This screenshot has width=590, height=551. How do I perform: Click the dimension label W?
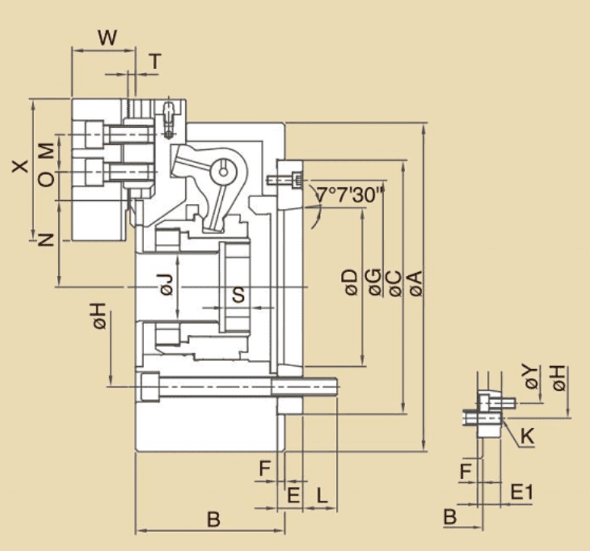pyautogui.click(x=109, y=37)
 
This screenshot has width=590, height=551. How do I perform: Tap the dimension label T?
pyautogui.click(x=155, y=62)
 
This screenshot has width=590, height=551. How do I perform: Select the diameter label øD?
pyautogui.click(x=350, y=283)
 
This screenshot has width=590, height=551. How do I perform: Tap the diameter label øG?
pyautogui.click(x=373, y=283)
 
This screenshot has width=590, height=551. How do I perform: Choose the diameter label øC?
pyautogui.click(x=394, y=283)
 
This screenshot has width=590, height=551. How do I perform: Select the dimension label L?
pyautogui.click(x=322, y=496)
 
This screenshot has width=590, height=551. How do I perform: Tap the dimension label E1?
pyautogui.click(x=521, y=492)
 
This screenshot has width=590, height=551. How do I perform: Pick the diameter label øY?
pyautogui.click(x=532, y=377)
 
